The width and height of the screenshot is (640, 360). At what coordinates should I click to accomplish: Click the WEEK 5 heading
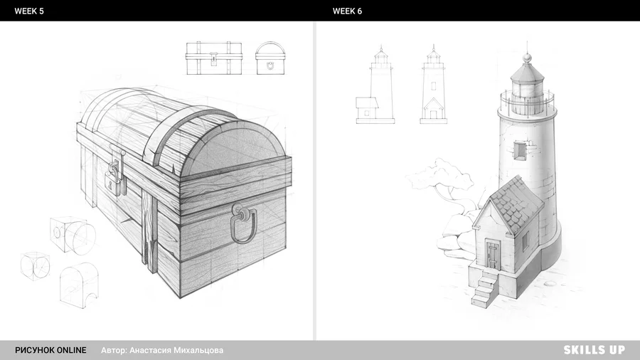click(x=29, y=11)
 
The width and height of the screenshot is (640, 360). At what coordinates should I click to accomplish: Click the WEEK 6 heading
click(x=347, y=11)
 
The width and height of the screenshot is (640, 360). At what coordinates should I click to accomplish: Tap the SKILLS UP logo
click(x=594, y=350)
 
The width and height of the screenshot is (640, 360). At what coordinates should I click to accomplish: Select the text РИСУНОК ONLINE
click(x=50, y=350)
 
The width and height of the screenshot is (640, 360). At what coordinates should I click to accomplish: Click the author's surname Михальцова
click(x=198, y=350)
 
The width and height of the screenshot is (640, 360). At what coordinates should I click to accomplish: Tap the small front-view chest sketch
click(x=214, y=58)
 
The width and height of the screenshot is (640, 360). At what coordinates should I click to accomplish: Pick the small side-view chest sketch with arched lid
click(x=270, y=58)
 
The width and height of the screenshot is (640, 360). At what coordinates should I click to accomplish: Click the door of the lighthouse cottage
click(x=493, y=254)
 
